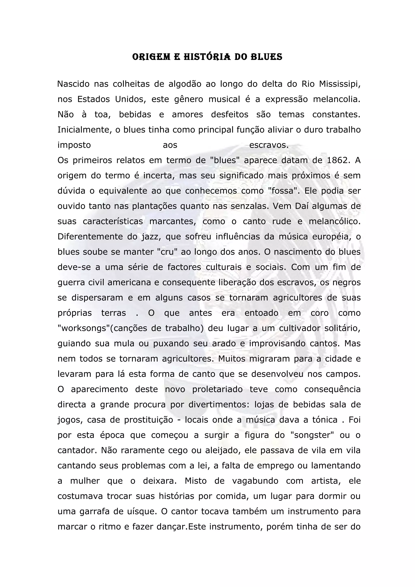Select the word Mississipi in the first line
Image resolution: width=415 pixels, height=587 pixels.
pos(340,84)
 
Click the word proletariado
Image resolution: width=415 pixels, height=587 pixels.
pos(217,389)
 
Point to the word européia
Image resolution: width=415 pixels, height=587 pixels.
pos(331,237)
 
